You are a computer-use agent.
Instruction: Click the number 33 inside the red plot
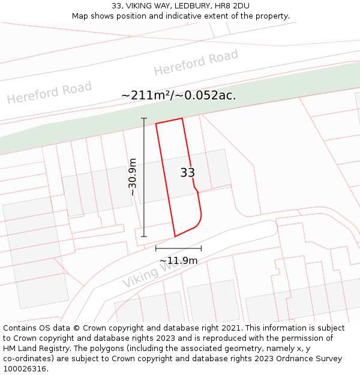point(187,173)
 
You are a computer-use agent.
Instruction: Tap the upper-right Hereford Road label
point(196,62)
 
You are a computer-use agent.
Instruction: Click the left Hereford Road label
point(49,92)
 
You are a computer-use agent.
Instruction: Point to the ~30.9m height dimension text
point(133,177)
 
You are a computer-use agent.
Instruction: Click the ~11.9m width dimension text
point(178,260)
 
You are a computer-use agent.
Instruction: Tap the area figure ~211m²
point(146,95)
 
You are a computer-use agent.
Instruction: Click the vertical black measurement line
point(144,180)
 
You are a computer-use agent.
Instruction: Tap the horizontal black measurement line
point(178,248)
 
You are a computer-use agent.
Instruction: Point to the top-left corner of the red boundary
point(156,124)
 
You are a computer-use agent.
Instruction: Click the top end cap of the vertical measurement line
point(144,118)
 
